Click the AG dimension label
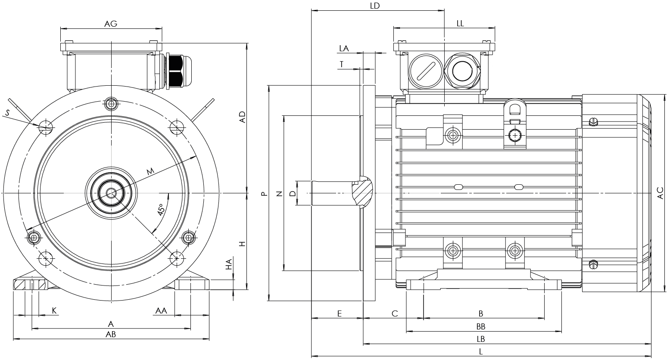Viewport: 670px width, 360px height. coord(111,24)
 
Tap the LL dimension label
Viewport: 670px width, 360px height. coord(460,24)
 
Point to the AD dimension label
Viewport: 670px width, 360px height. coord(242,117)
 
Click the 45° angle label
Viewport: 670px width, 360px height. coord(161,210)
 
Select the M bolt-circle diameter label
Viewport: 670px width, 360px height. coord(150,171)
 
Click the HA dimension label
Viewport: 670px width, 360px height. coord(230,264)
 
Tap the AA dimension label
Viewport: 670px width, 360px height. coord(162,310)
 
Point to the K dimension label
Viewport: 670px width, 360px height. coord(54,310)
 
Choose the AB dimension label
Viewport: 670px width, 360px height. coord(111,334)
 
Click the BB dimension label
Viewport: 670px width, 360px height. coord(481,326)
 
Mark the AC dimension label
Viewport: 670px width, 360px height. coord(660,193)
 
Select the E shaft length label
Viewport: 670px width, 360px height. coord(339,313)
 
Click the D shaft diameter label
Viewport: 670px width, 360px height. coord(293,194)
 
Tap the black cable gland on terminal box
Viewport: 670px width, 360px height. coord(176,71)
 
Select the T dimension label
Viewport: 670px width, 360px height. coord(341,64)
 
